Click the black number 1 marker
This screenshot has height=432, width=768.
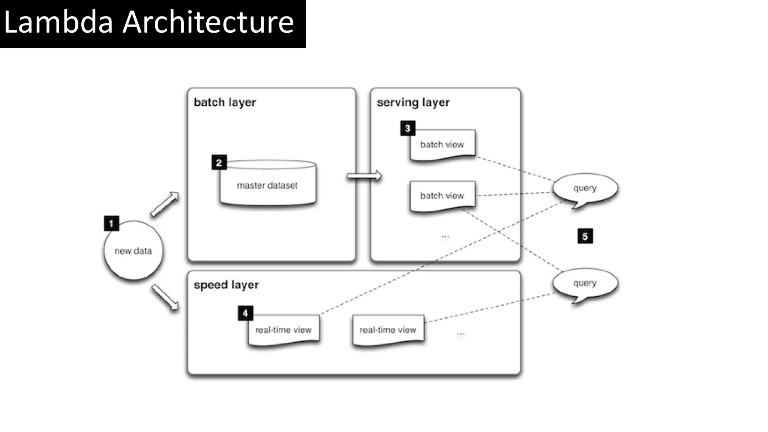click(x=111, y=223)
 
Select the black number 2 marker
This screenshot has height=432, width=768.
click(x=219, y=163)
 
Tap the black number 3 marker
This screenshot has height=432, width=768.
click(x=408, y=128)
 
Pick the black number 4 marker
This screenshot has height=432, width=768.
click(x=245, y=313)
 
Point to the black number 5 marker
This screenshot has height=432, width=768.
click(x=585, y=236)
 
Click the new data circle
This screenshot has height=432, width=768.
click(x=133, y=250)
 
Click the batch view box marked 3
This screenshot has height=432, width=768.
click(x=442, y=145)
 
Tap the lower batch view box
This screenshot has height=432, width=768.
click(x=442, y=196)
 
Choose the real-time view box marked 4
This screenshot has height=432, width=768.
click(x=283, y=330)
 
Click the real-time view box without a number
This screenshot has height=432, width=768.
click(x=388, y=330)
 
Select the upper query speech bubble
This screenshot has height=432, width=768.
click(x=585, y=188)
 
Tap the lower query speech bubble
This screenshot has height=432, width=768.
click(x=585, y=283)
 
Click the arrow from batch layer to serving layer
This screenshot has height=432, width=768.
click(x=364, y=176)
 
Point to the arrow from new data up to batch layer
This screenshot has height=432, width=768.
click(x=164, y=204)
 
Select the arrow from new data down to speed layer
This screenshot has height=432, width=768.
click(x=165, y=297)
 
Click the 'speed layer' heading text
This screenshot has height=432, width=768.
click(x=226, y=285)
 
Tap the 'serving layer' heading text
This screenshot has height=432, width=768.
click(x=413, y=102)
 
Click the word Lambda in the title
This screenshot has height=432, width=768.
click(x=58, y=22)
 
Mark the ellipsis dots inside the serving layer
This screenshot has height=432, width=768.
click(x=445, y=237)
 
